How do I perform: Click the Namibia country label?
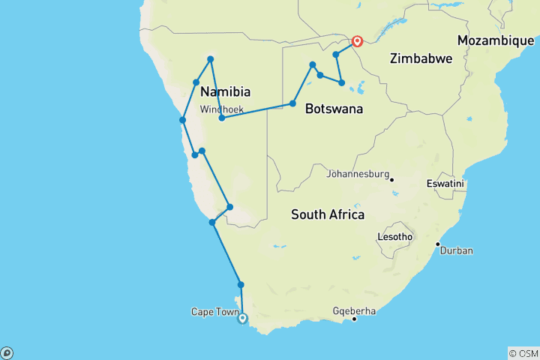[x=225, y=91]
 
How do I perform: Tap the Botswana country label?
[x=334, y=109]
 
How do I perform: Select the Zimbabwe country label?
[x=420, y=58]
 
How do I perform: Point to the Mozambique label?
[x=496, y=40]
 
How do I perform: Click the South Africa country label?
[x=328, y=215]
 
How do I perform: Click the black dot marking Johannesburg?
[x=391, y=178]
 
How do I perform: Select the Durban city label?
[x=457, y=250]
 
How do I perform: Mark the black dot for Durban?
[x=438, y=244]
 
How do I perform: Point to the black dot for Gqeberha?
[x=355, y=319]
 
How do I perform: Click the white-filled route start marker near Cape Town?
[x=242, y=319]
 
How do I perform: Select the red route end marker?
[x=357, y=41]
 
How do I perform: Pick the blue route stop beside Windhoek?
[x=222, y=118]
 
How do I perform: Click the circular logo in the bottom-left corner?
[x=7, y=352]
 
